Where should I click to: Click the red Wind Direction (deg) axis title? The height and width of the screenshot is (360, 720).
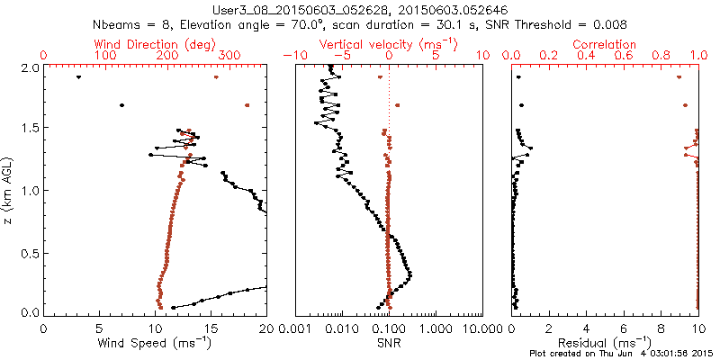[x=155, y=43]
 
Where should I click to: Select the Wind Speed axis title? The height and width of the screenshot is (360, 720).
[x=155, y=343]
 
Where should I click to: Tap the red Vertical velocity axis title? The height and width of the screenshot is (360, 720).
[x=389, y=43]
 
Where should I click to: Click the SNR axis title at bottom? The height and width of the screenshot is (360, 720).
[x=389, y=343]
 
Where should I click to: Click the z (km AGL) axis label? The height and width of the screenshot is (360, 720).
[x=9, y=189]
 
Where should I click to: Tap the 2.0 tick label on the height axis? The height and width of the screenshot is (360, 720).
[x=29, y=67]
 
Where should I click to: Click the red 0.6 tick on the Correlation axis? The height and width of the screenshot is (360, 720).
[x=624, y=55]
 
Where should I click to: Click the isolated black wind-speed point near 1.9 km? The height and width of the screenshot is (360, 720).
[x=79, y=77]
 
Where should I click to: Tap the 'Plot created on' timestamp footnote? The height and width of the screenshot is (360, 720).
[x=620, y=354]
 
